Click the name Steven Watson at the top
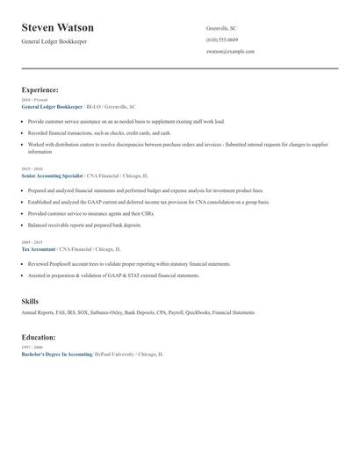(x=58, y=28)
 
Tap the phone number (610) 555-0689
(x=221, y=39)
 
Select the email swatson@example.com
(x=230, y=51)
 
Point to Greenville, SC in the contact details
(x=220, y=28)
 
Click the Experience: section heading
(x=40, y=89)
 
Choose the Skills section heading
(x=30, y=302)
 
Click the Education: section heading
(x=40, y=337)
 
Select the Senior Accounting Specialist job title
(x=52, y=175)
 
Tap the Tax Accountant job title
(x=40, y=248)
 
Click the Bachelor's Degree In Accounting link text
(x=56, y=354)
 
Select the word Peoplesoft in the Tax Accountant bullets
(x=58, y=263)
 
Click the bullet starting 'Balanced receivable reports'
(x=84, y=225)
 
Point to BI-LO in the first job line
(x=92, y=106)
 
